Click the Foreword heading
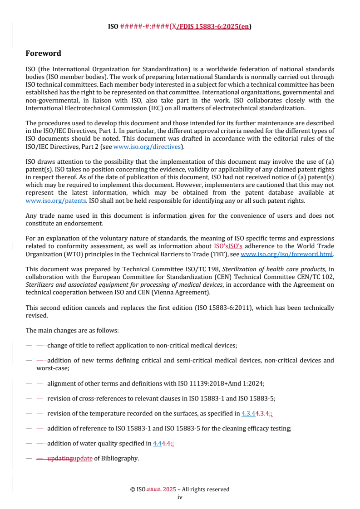(x=43, y=54)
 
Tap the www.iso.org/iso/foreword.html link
(x=286, y=254)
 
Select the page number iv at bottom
(x=180, y=497)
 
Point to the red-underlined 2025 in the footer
(x=169, y=489)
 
